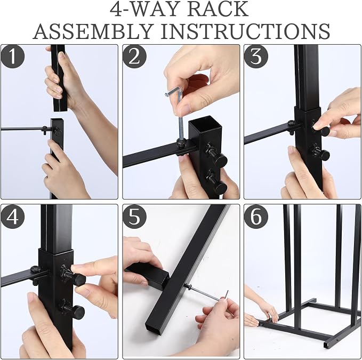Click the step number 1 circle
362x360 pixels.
click(x=13, y=56)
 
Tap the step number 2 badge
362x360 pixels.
click(x=134, y=56)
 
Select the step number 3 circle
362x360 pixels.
click(x=256, y=56)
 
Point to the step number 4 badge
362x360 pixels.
click(x=13, y=217)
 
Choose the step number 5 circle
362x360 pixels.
click(x=134, y=217)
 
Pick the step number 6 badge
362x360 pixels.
click(x=256, y=217)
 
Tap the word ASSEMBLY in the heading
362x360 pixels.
click(x=93, y=31)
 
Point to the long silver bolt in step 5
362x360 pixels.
click(x=203, y=292)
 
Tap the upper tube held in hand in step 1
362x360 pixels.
click(x=59, y=78)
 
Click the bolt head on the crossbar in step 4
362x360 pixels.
click(x=35, y=269)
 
